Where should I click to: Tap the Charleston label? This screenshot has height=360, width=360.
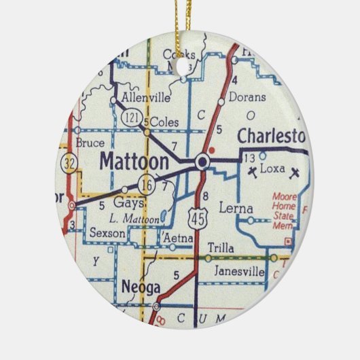(x=272, y=136)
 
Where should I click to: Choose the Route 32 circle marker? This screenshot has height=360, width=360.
(x=69, y=163)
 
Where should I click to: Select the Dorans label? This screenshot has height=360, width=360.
(x=247, y=97)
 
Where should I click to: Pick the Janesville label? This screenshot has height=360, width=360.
(x=238, y=271)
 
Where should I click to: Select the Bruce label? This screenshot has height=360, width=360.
(x=90, y=143)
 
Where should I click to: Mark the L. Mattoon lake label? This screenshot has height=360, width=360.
(x=134, y=219)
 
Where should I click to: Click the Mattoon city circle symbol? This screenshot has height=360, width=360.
(x=202, y=162)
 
